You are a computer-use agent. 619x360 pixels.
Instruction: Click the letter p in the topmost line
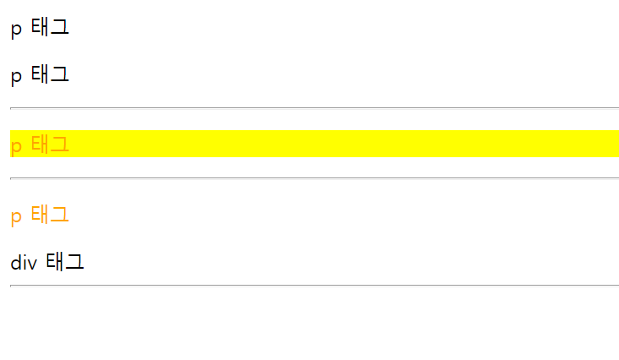[16, 30]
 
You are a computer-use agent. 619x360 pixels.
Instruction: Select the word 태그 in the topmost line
[50, 28]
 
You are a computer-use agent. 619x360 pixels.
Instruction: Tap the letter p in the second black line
[16, 77]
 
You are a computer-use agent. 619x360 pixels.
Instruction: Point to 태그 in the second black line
[50, 75]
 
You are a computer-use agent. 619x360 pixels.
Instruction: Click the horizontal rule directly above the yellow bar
[314, 108]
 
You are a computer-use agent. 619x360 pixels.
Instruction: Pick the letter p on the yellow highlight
[16, 145]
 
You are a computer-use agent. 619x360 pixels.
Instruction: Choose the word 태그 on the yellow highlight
[50, 144]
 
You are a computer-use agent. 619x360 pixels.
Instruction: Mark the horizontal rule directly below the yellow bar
[314, 178]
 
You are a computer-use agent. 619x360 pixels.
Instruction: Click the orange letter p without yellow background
[16, 216]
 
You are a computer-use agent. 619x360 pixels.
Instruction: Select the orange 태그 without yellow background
[50, 215]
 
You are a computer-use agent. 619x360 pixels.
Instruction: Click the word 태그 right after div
[65, 262]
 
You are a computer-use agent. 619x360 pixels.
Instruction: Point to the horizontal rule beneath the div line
[314, 286]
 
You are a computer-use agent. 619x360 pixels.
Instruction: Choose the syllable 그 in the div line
[74, 262]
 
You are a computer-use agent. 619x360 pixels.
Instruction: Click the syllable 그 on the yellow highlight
[59, 144]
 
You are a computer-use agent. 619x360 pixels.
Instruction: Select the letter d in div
[16, 262]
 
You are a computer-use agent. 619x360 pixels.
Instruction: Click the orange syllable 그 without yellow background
[59, 215]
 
